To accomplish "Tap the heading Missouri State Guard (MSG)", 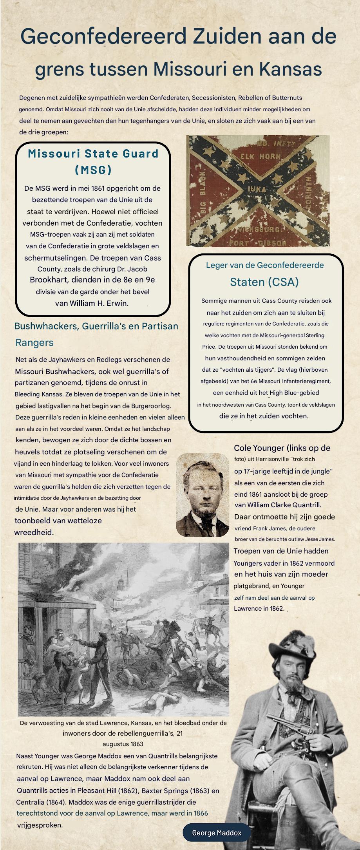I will [x=93, y=161].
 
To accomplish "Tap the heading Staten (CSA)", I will [x=264, y=282].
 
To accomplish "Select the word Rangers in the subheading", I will [x=34, y=343].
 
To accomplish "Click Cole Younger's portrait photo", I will [x=202, y=495].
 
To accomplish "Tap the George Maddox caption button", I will [x=217, y=833].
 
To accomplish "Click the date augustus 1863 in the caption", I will [x=123, y=744].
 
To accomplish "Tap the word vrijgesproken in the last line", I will [x=40, y=825].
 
